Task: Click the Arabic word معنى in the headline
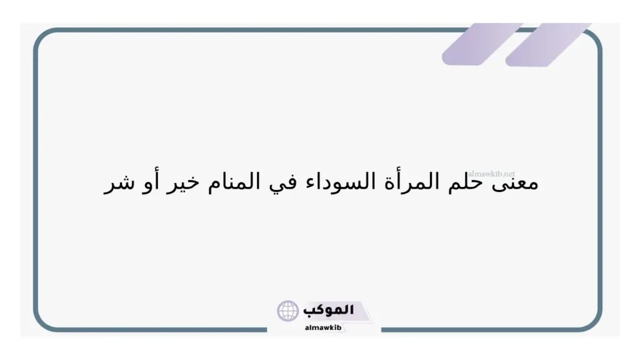[x=517, y=184]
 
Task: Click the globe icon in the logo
[x=288, y=311]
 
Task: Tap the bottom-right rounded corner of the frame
[x=594, y=322]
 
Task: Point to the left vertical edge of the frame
[x=35, y=181]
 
